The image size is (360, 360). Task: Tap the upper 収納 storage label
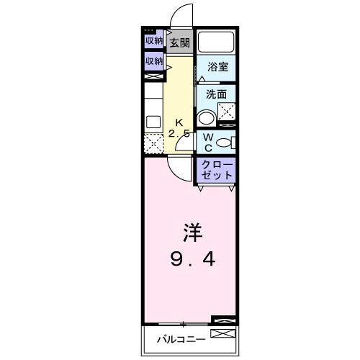click(153, 40)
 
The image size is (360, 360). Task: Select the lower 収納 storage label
click(153, 61)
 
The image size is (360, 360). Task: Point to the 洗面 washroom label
click(216, 94)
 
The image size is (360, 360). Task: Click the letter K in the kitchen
click(179, 121)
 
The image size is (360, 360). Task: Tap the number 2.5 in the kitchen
click(179, 134)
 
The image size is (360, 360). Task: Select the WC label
click(207, 142)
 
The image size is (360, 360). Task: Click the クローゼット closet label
click(217, 169)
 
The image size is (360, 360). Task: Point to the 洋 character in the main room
click(191, 233)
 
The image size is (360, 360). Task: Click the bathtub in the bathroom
click(217, 42)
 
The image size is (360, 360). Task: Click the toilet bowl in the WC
click(224, 142)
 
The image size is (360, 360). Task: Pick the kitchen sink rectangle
click(153, 121)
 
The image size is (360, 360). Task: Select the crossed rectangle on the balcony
click(222, 334)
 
